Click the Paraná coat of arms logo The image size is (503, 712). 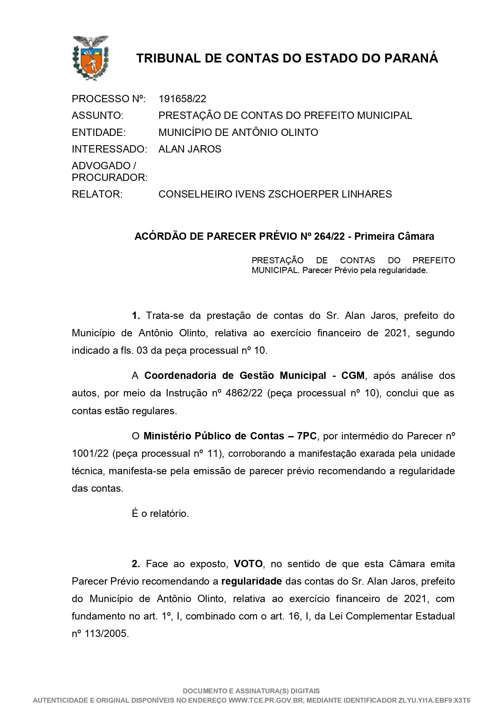point(90,58)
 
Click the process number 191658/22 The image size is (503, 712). point(182,99)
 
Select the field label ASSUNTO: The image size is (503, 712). point(97,116)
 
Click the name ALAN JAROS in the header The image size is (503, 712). point(190,149)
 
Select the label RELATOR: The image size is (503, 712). point(97,194)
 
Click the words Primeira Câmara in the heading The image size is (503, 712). point(394,237)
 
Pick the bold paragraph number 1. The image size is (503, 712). point(136,316)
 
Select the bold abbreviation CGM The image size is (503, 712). point(353,376)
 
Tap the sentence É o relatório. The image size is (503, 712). point(161,514)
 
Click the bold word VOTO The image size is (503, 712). point(248,564)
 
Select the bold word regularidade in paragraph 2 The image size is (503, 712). point(251,581)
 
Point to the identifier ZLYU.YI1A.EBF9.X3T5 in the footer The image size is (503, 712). point(434,700)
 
